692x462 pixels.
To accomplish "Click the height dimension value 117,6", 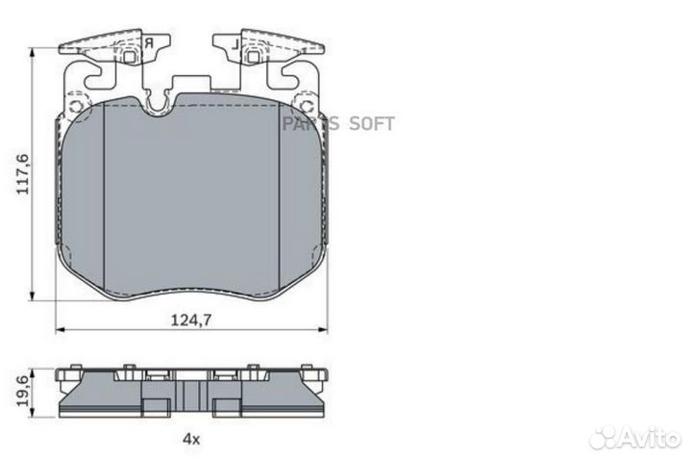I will coord(22,174).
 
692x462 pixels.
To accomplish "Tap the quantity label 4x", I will coord(190,439).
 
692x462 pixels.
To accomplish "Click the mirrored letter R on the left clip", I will coord(150,42).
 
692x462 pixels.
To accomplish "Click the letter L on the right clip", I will coord(232,42).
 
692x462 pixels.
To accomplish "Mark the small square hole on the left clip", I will coord(127,56).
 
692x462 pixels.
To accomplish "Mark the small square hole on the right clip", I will coord(254,56).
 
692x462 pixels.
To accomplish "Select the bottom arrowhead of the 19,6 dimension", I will coord(34,414).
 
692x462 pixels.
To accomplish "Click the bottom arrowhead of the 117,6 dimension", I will coord(34,295).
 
